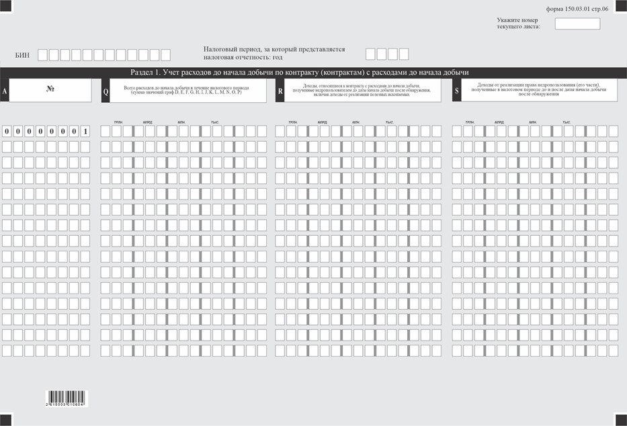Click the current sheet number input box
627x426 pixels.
tap(577, 24)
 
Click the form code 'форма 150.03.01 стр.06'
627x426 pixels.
tap(577, 9)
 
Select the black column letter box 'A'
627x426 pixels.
tap(5, 91)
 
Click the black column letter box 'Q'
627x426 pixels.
tap(106, 91)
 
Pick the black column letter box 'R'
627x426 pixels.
tap(280, 91)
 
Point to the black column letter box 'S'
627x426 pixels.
tap(457, 91)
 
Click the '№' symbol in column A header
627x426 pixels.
tap(50, 89)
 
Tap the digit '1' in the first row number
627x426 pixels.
tap(85, 131)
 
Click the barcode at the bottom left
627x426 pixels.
tap(67, 397)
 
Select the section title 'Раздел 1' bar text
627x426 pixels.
tap(299, 73)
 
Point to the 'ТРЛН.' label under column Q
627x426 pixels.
tap(118, 122)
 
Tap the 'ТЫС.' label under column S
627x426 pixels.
tap(567, 122)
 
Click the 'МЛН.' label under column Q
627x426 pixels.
tap(181, 122)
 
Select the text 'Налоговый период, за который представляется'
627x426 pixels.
tap(274, 49)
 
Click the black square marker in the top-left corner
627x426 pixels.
tap(6, 5)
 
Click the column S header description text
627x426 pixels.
tap(537, 89)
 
